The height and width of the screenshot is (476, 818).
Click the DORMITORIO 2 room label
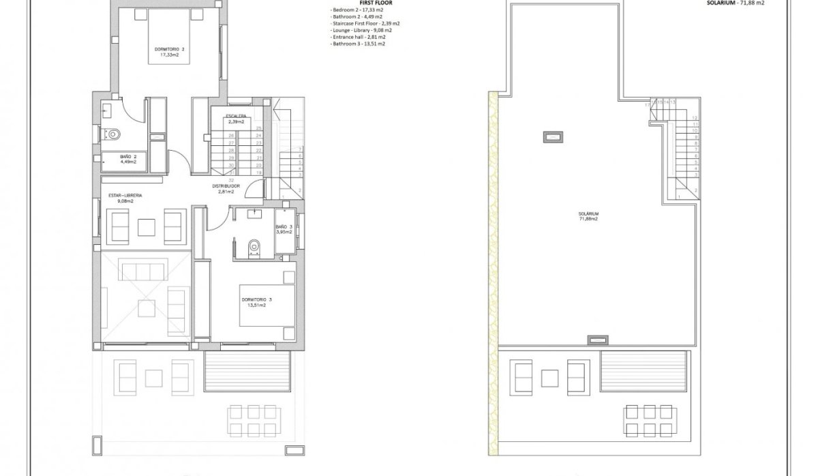point(169,49)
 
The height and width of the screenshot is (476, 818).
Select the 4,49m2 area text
point(129,162)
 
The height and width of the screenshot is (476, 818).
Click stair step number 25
point(258,128)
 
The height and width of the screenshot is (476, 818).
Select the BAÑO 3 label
point(284,226)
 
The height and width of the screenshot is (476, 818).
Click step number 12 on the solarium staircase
point(695,118)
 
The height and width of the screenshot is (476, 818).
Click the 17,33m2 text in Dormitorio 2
point(169,55)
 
